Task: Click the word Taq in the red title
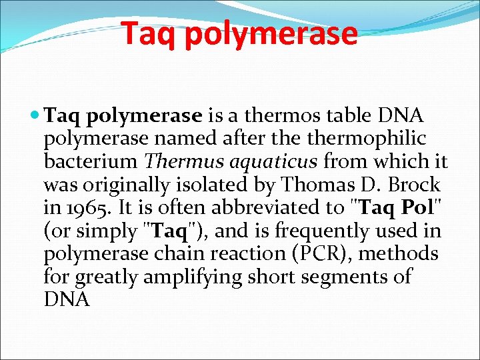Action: (x=149, y=33)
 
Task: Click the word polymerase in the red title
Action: (x=271, y=35)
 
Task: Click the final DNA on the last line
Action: (x=66, y=299)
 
